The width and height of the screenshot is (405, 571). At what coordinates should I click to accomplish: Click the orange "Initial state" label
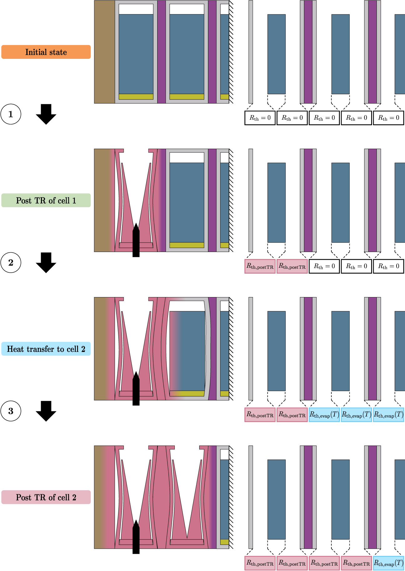tap(46, 52)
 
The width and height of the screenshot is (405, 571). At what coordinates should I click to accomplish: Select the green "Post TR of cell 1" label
tap(46, 200)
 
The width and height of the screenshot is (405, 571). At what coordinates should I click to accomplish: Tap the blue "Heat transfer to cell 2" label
tap(46, 349)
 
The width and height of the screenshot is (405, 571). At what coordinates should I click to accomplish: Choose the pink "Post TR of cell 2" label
tap(46, 497)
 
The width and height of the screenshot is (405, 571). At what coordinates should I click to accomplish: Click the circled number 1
tap(11, 114)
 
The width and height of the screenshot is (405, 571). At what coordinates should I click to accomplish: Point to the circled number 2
tap(11, 262)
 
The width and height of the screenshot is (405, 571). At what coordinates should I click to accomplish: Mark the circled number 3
tap(11, 411)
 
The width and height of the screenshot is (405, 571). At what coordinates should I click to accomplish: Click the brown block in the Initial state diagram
tap(104, 52)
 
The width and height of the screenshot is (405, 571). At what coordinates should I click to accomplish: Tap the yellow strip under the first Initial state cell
tap(136, 97)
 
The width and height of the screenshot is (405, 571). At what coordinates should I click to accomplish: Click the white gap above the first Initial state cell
tap(136, 9)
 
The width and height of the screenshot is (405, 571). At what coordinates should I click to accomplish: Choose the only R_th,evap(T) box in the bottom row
tap(388, 563)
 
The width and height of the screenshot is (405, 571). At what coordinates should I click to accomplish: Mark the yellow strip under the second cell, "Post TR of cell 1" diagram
tap(187, 245)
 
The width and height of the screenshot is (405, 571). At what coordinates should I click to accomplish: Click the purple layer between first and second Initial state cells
tap(161, 52)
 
